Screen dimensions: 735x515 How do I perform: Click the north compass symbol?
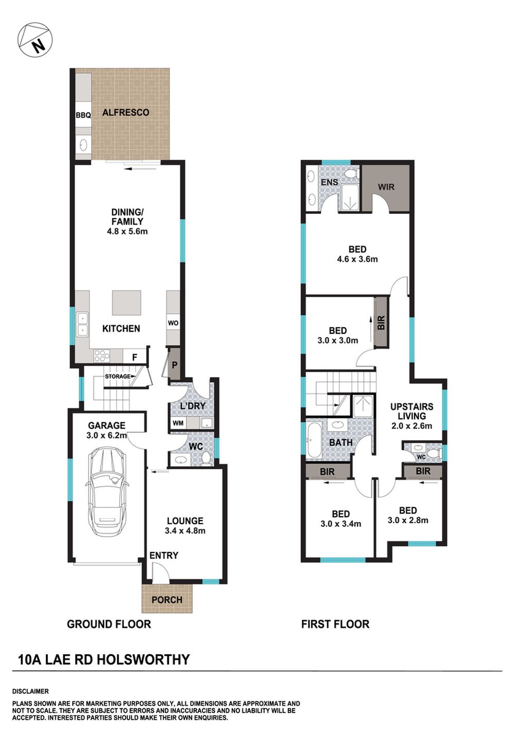point(36,40)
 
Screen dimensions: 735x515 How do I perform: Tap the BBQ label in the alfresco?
point(83,115)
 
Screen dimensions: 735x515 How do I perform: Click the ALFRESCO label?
point(126,112)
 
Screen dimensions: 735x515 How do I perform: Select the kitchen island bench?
point(127,303)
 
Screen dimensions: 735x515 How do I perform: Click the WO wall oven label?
point(173,323)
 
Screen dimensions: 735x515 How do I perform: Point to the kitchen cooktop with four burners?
point(101,355)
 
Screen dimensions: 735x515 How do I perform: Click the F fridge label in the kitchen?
point(134,356)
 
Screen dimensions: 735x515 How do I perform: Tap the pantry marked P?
point(175,365)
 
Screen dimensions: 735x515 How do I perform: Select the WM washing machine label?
point(178,423)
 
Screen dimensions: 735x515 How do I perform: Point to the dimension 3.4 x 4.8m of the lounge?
point(185,531)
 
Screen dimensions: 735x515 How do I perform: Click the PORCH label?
point(167,600)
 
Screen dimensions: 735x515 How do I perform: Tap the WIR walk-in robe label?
point(386,187)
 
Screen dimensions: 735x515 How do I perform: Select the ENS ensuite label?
point(329,182)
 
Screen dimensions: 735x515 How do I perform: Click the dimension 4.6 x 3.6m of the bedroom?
point(357,259)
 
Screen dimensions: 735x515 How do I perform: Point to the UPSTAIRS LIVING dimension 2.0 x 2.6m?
point(411,426)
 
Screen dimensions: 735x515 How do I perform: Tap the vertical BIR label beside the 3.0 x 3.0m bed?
point(381,323)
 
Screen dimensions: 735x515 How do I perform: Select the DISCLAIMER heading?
point(30,691)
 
